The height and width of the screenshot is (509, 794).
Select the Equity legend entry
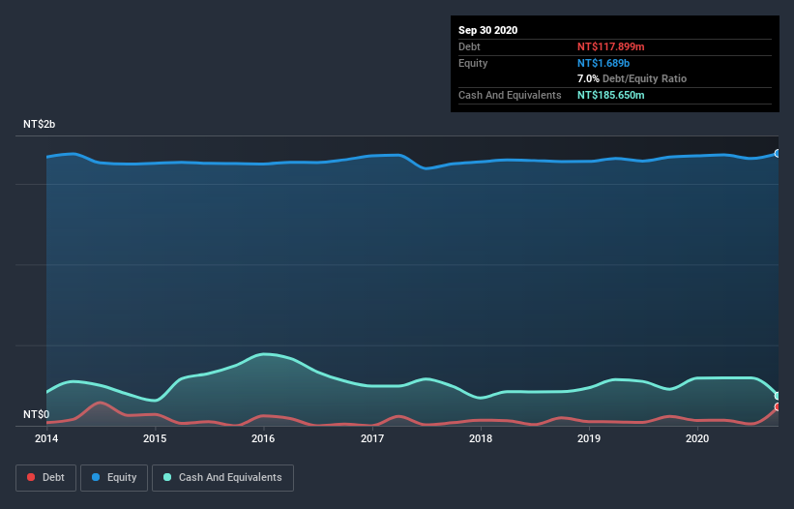click(x=114, y=477)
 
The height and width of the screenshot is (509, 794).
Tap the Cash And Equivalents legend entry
click(x=222, y=477)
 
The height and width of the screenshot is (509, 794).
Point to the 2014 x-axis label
click(x=46, y=438)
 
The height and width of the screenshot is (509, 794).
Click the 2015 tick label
click(x=155, y=438)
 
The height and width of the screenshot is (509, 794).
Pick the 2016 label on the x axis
click(x=263, y=438)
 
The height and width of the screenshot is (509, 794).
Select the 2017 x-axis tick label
click(x=372, y=438)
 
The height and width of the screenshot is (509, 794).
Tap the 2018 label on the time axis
click(x=481, y=438)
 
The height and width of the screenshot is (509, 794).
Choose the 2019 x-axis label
click(x=589, y=438)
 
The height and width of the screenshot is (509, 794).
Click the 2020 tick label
click(x=697, y=438)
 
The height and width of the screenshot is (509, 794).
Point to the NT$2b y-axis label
click(x=40, y=125)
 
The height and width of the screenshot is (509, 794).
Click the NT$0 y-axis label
click(x=36, y=414)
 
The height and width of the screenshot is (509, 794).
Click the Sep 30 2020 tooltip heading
click(x=488, y=30)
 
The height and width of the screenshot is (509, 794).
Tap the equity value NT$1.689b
click(x=605, y=63)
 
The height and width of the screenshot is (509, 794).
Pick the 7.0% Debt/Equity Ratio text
click(x=632, y=78)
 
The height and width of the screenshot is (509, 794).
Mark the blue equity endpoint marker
click(x=778, y=153)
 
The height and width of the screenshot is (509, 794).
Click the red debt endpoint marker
click(x=778, y=407)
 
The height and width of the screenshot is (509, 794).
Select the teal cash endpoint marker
click(x=778, y=396)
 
